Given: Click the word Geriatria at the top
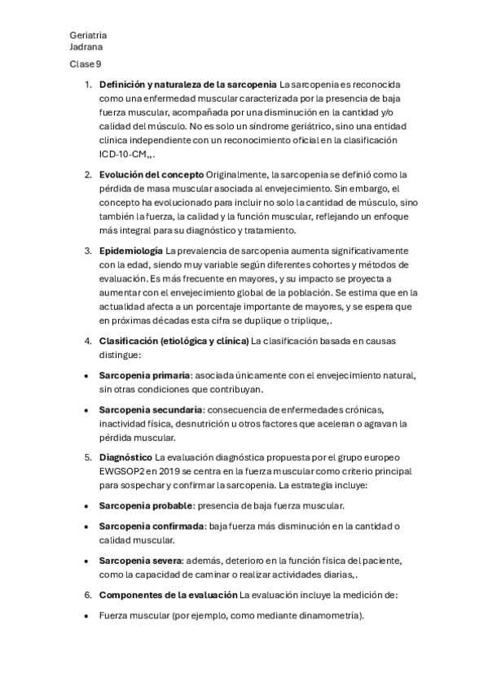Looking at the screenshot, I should coord(88,36).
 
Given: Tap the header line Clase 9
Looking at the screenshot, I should coord(86,63).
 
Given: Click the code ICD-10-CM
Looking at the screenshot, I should coord(122,153).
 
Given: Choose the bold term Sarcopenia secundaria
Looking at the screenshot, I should coord(151,408).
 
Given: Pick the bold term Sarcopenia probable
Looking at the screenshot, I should coord(144,506).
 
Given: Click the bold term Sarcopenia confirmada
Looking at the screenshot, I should coord(152,526).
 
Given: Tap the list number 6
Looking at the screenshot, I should coord(88,595).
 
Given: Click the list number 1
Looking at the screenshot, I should coord(88,85).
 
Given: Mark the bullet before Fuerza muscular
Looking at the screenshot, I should coord(86,616).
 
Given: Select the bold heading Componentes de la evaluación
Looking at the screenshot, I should coord(168,595).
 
